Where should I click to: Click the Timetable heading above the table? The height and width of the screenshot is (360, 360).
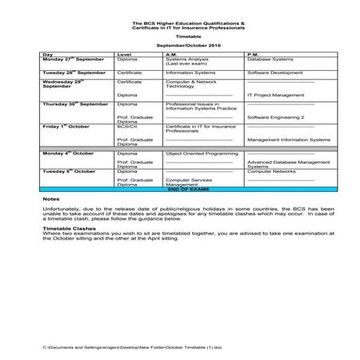(180, 37)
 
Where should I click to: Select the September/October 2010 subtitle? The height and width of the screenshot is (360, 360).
(180, 48)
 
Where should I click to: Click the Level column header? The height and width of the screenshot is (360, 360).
(123, 54)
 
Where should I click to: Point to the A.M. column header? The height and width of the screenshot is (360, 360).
(171, 54)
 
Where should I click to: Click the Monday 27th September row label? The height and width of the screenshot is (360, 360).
(73, 60)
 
